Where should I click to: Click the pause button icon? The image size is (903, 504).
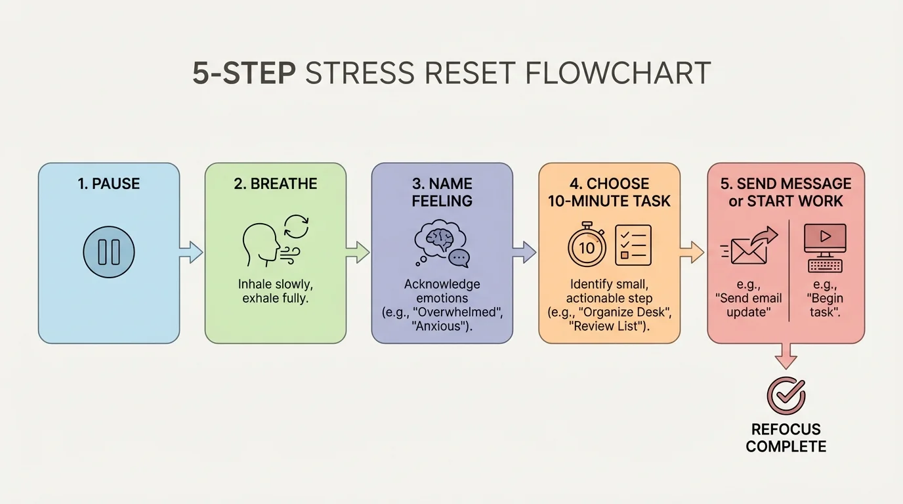tap(108, 252)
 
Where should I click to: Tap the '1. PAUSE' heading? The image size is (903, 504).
tap(108, 184)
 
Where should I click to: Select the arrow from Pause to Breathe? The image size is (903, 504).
tap(192, 252)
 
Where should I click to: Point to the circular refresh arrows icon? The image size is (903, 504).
tap(295, 227)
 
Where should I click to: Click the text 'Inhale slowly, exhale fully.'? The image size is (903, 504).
tap(275, 292)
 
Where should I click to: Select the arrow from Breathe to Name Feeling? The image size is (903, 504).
tap(358, 252)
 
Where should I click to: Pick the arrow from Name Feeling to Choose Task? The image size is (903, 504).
tap(525, 252)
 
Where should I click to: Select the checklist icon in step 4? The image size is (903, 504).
tap(633, 245)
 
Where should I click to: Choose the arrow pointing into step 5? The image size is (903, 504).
tap(693, 252)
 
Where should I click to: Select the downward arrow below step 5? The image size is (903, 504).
tap(786, 358)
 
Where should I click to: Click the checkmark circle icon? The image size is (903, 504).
tap(786, 395)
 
